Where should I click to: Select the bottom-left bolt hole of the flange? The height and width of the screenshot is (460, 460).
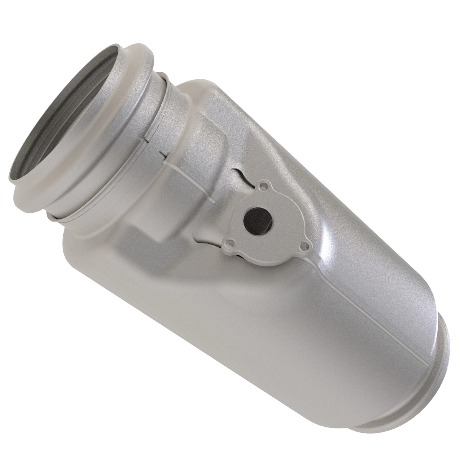[x=230, y=243]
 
